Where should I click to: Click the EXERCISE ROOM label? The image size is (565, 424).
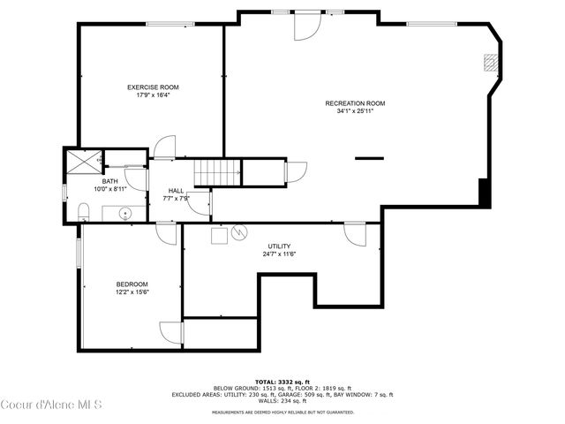click(x=153, y=87)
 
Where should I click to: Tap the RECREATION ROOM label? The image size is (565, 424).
click(x=355, y=103)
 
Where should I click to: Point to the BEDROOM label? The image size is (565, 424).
click(x=132, y=284)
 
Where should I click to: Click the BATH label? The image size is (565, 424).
click(x=110, y=181)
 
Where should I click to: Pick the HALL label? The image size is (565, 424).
click(x=177, y=191)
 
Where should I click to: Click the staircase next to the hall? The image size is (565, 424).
click(x=217, y=172)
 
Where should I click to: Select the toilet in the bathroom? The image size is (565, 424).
click(x=83, y=210)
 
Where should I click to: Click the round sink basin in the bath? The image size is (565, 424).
click(x=124, y=213)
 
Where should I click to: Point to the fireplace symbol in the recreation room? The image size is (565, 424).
click(x=489, y=63)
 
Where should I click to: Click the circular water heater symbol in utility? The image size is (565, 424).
click(x=238, y=234)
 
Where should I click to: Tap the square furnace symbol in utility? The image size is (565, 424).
click(x=217, y=235)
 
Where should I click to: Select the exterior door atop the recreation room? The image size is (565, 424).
click(x=305, y=28)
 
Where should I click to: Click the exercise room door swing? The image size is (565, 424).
click(x=165, y=147)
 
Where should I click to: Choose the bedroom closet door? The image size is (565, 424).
click(x=170, y=332)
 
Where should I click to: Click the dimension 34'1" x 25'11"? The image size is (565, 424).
click(x=355, y=111)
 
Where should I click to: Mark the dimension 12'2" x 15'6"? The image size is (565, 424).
click(x=132, y=291)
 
